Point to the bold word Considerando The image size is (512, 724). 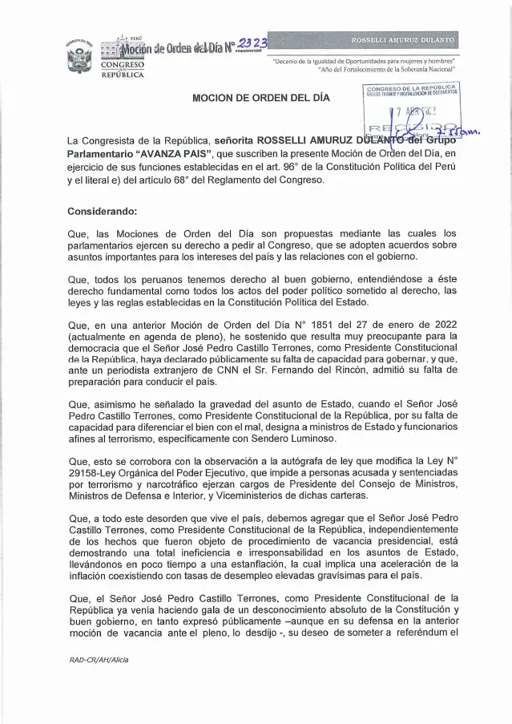(x=103, y=211)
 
